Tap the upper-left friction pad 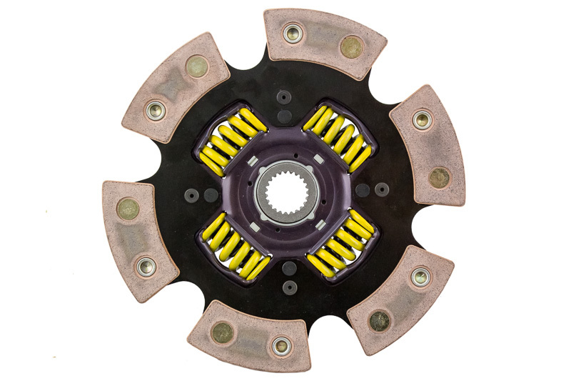coord(176,86)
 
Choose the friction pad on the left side coord(139,229)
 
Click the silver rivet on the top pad coord(292,33)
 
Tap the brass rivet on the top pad coord(352,47)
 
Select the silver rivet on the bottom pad coord(281,346)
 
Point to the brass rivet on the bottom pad coord(222,332)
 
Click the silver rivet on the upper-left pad coord(155,110)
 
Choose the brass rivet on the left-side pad coord(128,209)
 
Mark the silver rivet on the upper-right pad coord(422,119)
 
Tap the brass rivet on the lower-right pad coord(379,320)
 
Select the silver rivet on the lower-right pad coord(420,277)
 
